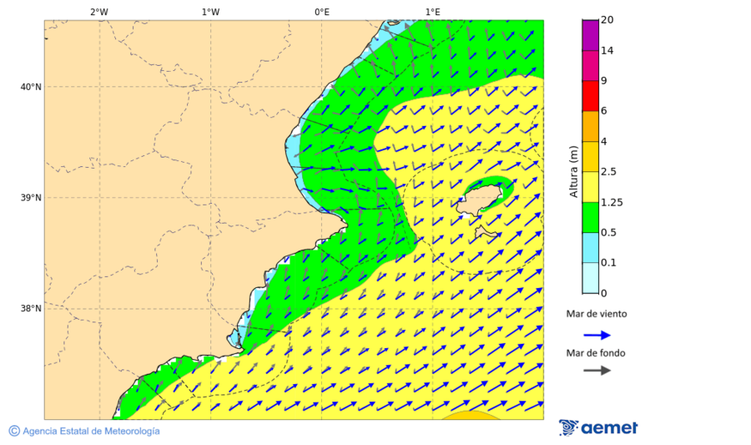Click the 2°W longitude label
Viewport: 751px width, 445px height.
point(98,12)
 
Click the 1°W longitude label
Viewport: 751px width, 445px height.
point(210,12)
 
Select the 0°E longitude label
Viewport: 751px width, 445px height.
point(321,12)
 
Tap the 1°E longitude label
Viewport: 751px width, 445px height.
point(432,12)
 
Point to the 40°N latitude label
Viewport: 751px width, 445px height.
point(31,87)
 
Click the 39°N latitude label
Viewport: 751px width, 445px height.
point(31,198)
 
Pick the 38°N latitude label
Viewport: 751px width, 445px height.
point(31,308)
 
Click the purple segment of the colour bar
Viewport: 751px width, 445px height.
point(590,35)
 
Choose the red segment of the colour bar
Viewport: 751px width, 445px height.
point(590,96)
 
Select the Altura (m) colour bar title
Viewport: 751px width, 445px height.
point(573,172)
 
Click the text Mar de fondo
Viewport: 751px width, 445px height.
point(595,353)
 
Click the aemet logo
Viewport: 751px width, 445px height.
point(598,427)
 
